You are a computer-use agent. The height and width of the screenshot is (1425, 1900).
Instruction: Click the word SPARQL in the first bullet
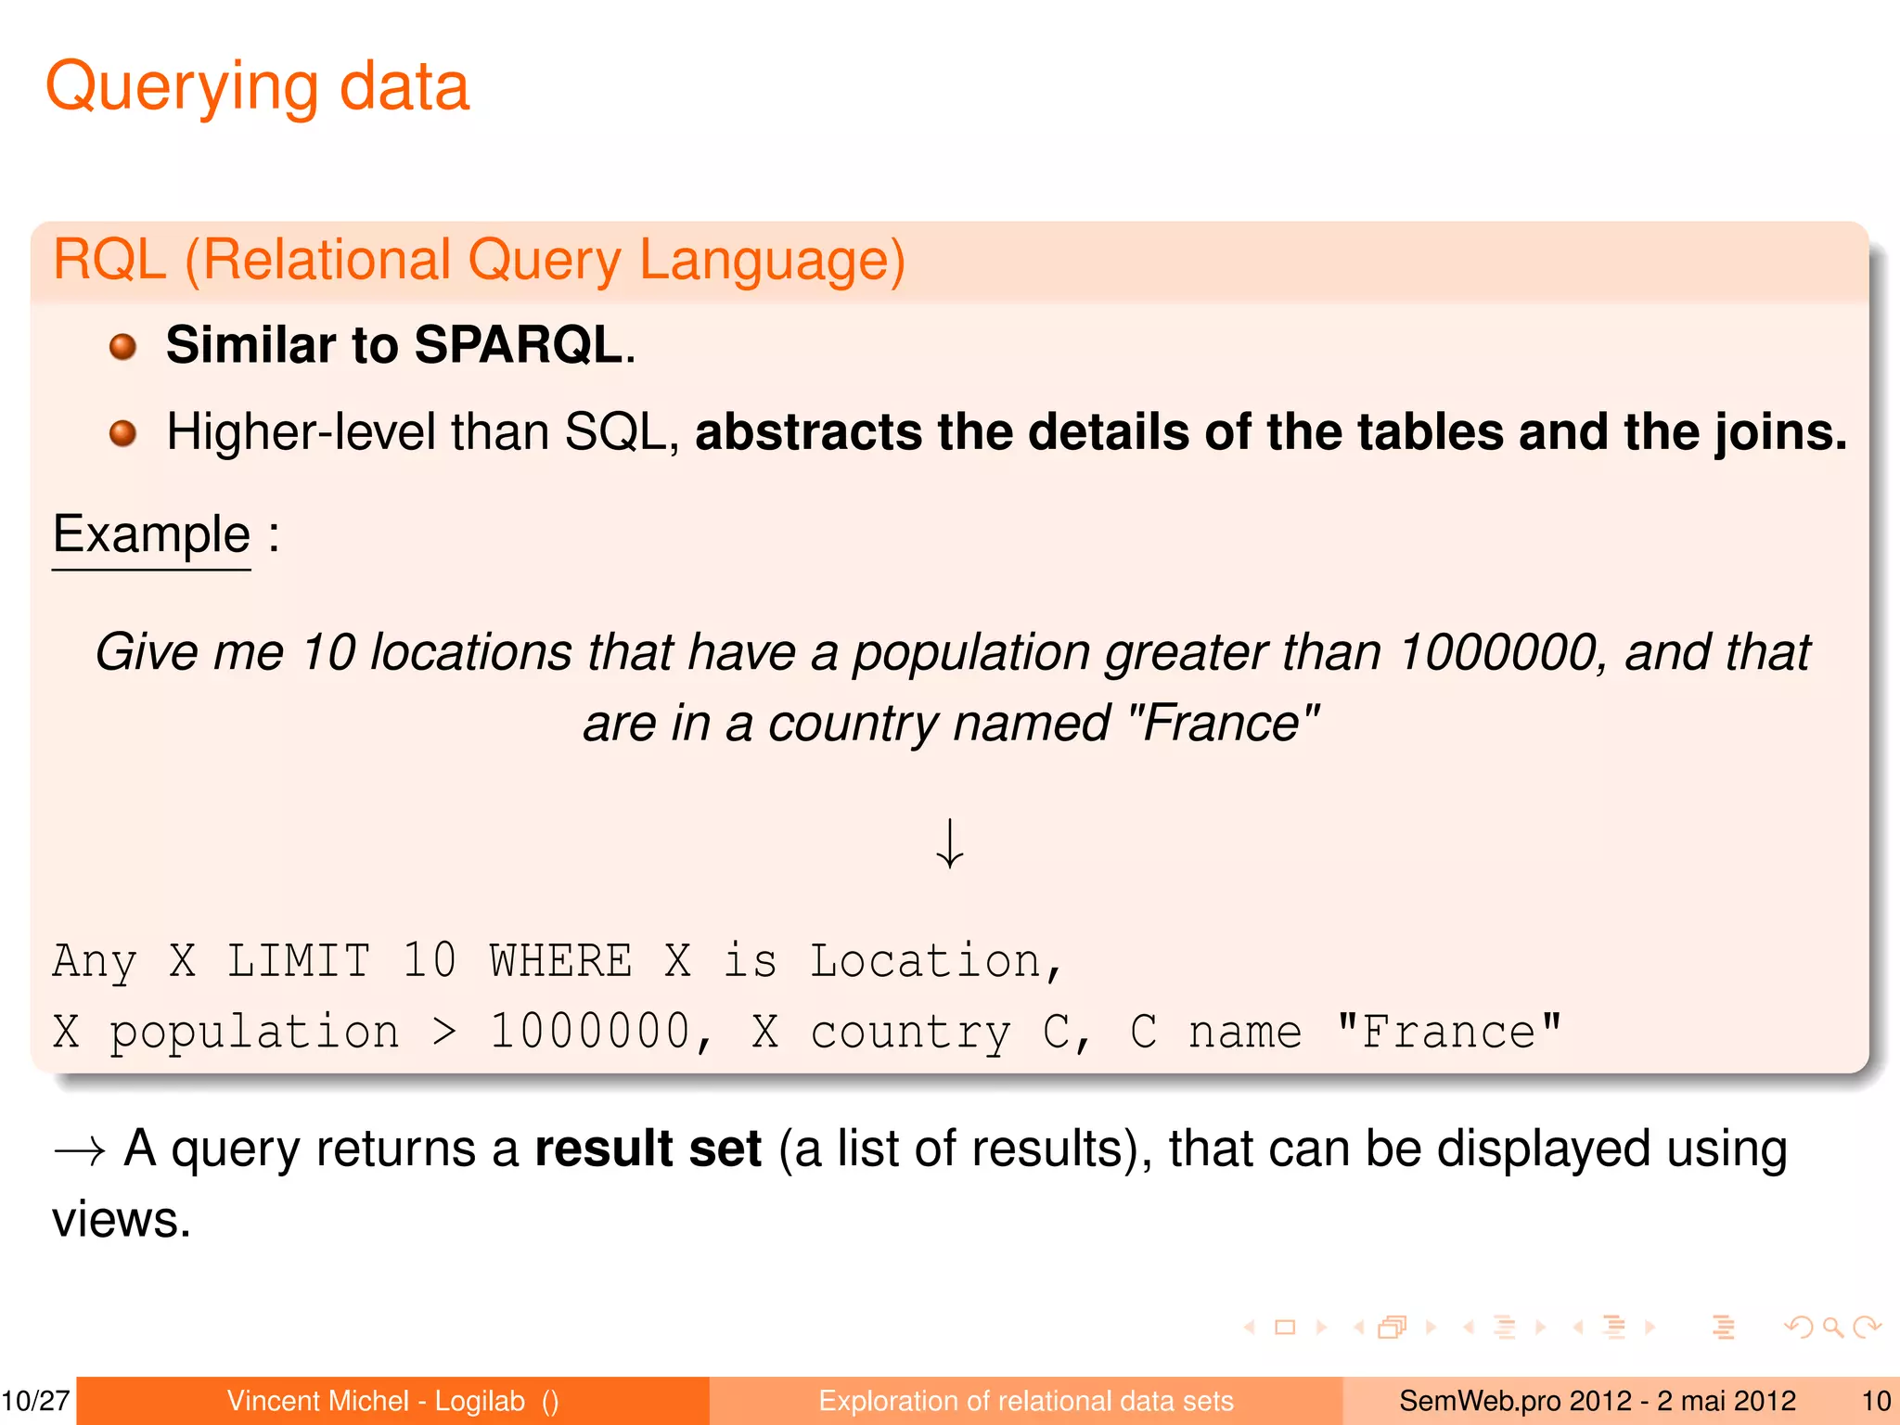coord(518,345)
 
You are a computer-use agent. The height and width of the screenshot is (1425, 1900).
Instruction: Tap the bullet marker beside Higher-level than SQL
coord(122,433)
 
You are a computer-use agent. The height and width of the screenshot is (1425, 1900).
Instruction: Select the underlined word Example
coord(151,534)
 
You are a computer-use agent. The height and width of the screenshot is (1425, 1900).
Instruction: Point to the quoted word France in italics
coord(1224,724)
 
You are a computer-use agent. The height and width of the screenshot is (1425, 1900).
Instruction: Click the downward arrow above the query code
coord(949,843)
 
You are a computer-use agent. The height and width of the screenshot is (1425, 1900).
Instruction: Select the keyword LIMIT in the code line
coord(299,961)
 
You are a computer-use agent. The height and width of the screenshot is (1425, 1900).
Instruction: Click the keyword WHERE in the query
coord(560,961)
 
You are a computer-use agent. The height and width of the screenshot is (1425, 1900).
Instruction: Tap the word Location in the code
coord(925,961)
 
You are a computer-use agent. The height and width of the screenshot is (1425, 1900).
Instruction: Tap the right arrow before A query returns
coord(79,1151)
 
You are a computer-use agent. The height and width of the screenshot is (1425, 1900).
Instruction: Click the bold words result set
coord(648,1149)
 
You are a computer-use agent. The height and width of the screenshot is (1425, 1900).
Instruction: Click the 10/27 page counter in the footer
coord(35,1401)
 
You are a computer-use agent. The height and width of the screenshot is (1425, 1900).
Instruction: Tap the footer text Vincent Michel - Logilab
coord(376,1401)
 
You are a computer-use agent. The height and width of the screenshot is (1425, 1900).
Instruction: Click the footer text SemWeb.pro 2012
coord(1514,1401)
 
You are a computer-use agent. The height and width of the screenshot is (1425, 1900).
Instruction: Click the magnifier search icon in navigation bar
coord(1832,1328)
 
